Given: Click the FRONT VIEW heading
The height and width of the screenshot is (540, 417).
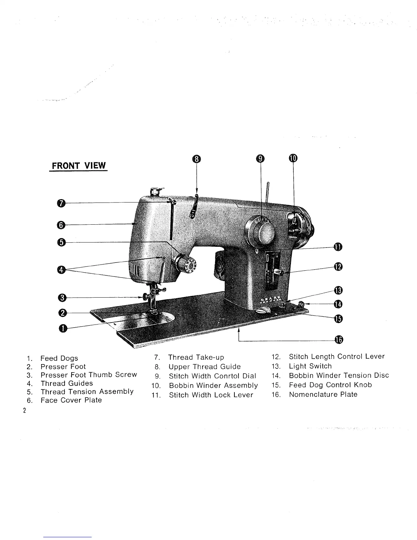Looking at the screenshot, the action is coord(79,166).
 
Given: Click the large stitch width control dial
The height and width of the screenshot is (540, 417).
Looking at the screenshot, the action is coord(262,231).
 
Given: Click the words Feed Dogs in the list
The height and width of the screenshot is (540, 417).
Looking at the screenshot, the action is coord(59,358).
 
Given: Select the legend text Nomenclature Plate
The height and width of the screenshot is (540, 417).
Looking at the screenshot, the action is coord(323,394).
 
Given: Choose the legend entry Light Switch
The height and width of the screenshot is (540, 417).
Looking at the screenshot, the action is coord(310,366).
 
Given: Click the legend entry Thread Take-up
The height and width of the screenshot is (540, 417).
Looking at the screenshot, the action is coord(196,357).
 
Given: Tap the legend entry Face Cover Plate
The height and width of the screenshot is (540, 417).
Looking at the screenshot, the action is coord(71,400).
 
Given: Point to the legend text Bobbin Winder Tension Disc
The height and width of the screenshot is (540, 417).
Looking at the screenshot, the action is coord(339,375).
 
